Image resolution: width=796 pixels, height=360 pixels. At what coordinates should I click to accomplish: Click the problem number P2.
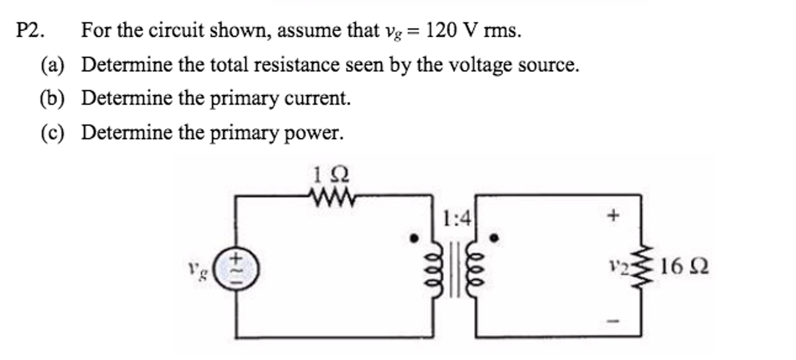coord(30,30)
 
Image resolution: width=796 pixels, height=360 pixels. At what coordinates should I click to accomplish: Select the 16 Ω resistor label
coord(684,267)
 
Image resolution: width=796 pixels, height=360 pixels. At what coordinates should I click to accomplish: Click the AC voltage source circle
coord(237,269)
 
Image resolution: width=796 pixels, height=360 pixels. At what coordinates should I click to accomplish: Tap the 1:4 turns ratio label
coord(456,218)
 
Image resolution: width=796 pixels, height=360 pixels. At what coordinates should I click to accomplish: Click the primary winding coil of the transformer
coord(435,269)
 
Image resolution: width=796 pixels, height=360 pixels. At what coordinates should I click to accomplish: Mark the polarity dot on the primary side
coord(414,237)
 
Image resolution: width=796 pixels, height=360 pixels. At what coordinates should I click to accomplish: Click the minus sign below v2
coord(613,321)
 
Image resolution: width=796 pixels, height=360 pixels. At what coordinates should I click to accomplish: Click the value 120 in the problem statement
coord(441,30)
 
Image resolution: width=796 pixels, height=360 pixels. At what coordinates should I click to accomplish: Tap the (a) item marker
coord(52,65)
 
